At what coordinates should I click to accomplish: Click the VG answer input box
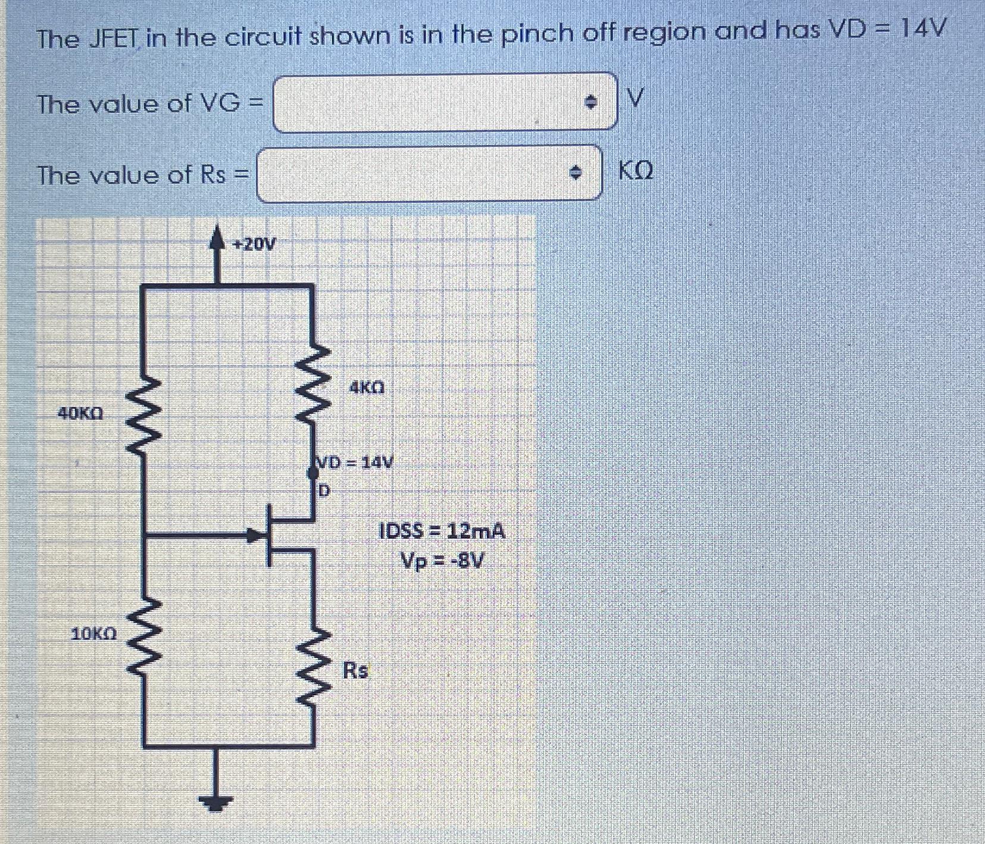429,102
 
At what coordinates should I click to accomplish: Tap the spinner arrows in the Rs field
574,174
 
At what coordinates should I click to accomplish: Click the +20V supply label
254,244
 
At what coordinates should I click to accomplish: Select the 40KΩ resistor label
80,413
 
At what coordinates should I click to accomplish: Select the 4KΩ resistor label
367,388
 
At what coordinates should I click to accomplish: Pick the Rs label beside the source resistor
355,670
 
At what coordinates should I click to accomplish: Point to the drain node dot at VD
312,473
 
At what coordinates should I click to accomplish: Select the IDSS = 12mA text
442,531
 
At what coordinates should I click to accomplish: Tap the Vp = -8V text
442,560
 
